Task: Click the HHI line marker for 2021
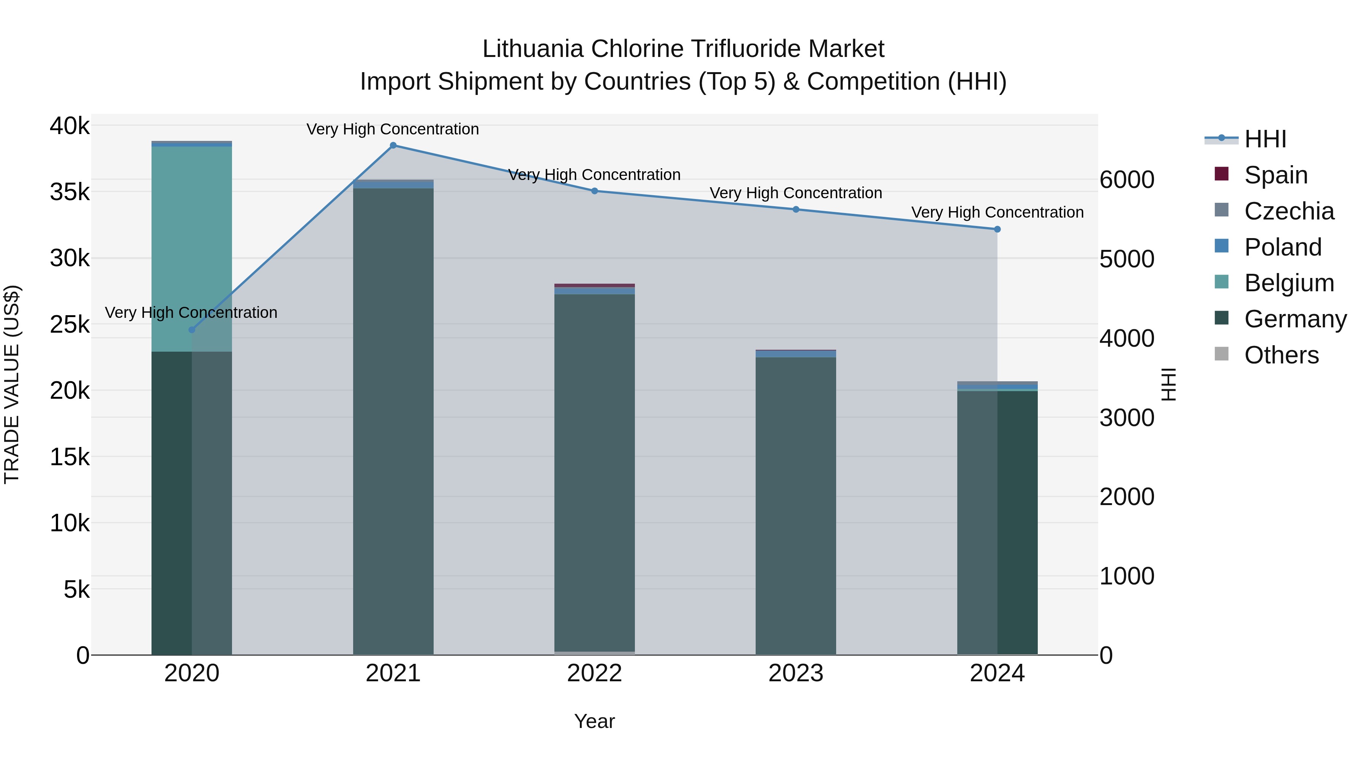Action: click(393, 145)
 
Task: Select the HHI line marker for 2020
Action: click(192, 330)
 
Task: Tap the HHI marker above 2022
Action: click(594, 191)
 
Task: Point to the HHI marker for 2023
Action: click(796, 210)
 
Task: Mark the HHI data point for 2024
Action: click(997, 229)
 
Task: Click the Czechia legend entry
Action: click(1288, 211)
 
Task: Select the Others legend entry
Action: click(1281, 355)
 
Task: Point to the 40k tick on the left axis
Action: click(69, 126)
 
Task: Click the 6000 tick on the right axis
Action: click(1127, 180)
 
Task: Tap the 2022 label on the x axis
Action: click(594, 673)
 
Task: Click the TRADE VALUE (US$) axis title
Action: click(12, 384)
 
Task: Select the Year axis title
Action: click(594, 721)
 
